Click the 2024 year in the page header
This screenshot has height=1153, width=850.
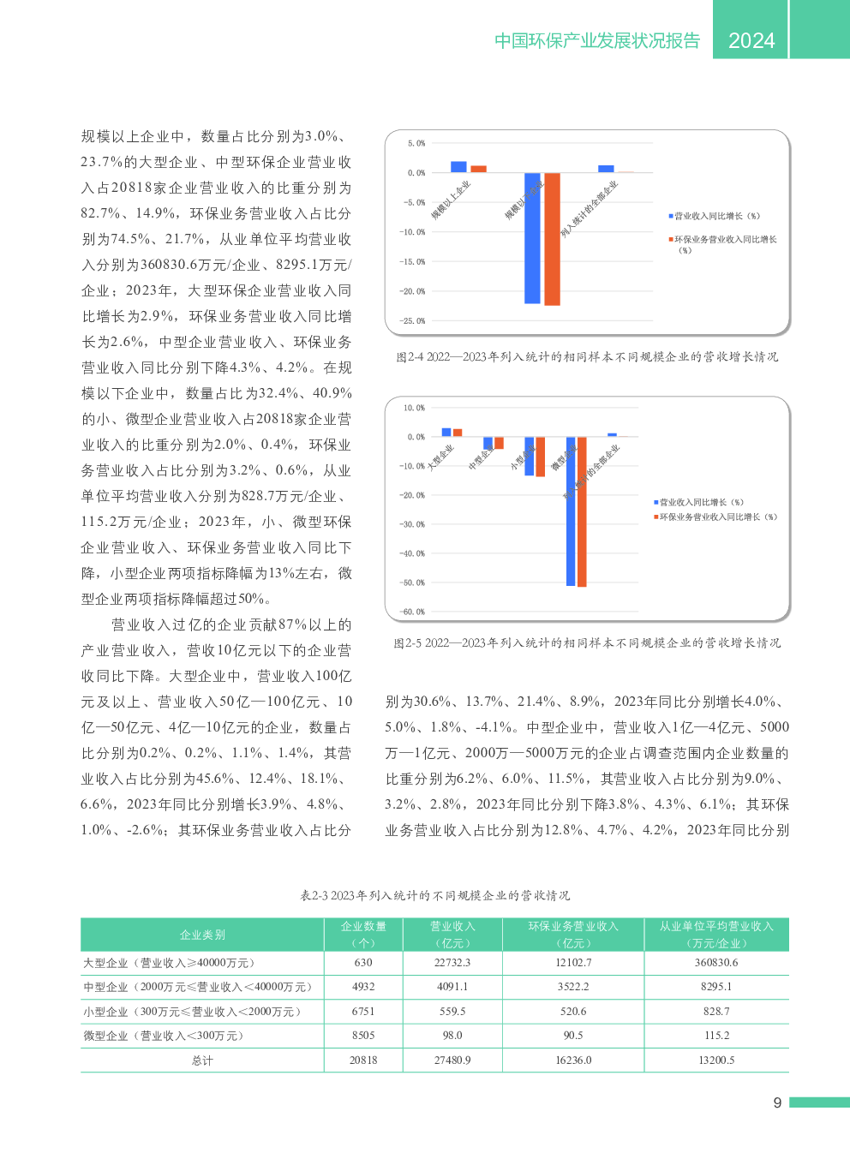click(x=751, y=40)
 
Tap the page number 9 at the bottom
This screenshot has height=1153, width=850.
click(x=777, y=1103)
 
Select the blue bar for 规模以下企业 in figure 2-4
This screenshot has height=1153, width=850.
click(x=532, y=238)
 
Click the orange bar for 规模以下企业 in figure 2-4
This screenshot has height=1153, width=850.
click(x=552, y=239)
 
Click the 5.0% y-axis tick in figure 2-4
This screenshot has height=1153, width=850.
click(x=416, y=143)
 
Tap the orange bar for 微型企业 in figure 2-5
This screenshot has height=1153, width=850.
click(x=582, y=511)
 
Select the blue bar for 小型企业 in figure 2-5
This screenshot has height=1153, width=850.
click(x=529, y=456)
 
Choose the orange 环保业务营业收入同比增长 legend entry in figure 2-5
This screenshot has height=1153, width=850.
click(x=718, y=517)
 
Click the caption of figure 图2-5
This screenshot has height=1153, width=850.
click(x=587, y=642)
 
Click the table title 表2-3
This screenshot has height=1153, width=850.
click(x=434, y=895)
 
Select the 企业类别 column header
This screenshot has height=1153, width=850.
click(x=202, y=935)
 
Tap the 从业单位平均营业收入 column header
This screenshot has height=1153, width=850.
click(x=716, y=935)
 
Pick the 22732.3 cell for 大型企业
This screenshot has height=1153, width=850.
click(x=452, y=963)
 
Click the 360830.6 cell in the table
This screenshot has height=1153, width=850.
click(x=716, y=963)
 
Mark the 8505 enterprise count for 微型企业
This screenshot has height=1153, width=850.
click(x=363, y=1036)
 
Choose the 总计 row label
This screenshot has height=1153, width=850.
click(x=202, y=1060)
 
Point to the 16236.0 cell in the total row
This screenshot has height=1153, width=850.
click(x=573, y=1060)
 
